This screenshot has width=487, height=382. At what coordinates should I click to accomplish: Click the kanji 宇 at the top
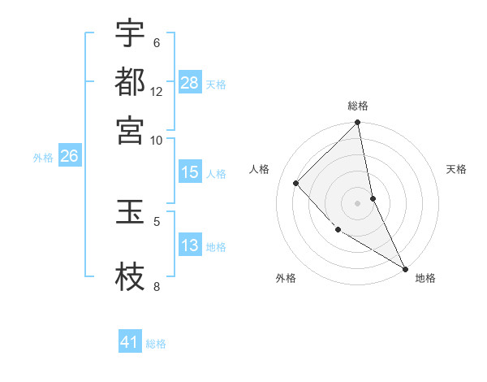pyautogui.click(x=130, y=34)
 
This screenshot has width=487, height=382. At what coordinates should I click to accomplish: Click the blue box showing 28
pyautogui.click(x=190, y=82)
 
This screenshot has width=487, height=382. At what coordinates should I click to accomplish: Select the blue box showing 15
pyautogui.click(x=190, y=172)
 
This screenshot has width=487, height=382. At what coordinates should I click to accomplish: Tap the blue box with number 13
pyautogui.click(x=190, y=245)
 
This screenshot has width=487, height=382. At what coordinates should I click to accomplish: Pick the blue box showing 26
pyautogui.click(x=69, y=157)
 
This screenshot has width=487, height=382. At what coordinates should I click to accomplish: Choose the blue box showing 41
pyautogui.click(x=130, y=342)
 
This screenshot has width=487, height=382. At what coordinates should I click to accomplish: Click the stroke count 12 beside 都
pyautogui.click(x=157, y=92)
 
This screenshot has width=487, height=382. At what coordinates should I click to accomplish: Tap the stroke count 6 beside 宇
pyautogui.click(x=157, y=43)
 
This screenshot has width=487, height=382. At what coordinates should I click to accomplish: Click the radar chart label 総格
pyautogui.click(x=358, y=106)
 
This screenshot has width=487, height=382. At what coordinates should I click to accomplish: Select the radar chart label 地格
pyautogui.click(x=425, y=278)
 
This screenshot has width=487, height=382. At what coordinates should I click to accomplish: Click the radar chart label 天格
pyautogui.click(x=456, y=169)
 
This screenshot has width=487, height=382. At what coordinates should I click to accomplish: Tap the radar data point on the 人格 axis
pyautogui.click(x=296, y=183)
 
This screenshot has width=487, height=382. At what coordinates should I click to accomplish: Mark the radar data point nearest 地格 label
pyautogui.click(x=404, y=268)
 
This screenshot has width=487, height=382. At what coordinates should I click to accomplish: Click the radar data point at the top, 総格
pyautogui.click(x=358, y=124)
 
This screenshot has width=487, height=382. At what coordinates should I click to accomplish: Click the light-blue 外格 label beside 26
pyautogui.click(x=43, y=158)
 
